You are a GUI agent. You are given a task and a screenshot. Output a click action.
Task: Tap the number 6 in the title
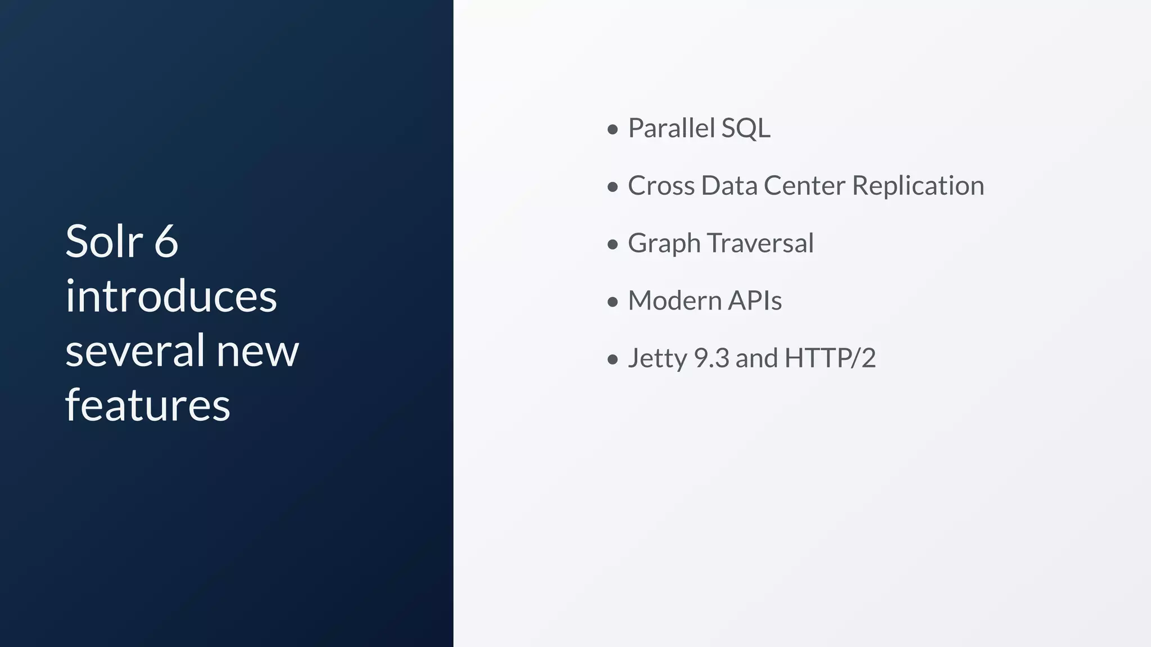coord(166,242)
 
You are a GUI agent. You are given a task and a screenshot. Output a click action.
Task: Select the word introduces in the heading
coord(171,296)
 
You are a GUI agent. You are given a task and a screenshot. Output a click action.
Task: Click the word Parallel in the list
coord(670,128)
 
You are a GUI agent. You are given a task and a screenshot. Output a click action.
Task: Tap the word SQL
coord(745,128)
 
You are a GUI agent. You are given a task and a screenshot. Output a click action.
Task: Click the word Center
coord(804,186)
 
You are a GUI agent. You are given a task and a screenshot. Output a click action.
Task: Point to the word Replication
coord(918,186)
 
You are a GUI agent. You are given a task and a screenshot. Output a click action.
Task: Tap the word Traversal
coord(760,243)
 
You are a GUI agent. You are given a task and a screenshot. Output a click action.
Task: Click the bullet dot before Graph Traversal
coord(613,245)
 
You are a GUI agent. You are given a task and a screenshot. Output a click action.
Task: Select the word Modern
coord(674,300)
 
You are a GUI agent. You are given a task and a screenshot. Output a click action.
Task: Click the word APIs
coord(755,300)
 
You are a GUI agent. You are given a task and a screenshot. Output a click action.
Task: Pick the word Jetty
coord(657,358)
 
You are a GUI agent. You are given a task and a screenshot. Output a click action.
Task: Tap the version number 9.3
coord(711,358)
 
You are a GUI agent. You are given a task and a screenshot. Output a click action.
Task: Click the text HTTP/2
coord(830,358)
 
